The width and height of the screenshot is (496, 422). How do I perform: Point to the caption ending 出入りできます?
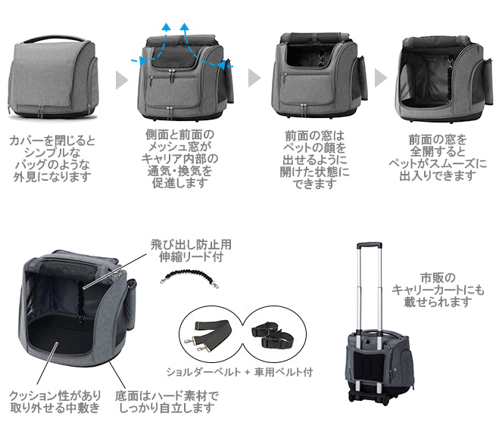pyautogui.click(x=437, y=158)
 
